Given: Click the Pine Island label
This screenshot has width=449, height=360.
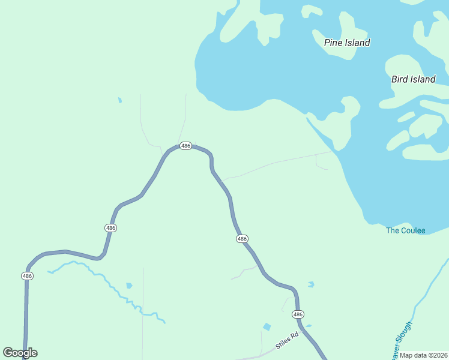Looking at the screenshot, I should pos(347,43).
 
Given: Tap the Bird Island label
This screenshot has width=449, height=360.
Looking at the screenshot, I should pos(413,79).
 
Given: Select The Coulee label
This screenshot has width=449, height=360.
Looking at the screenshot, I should pos(405,230).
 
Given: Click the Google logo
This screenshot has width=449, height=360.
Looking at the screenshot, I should pos(20,353).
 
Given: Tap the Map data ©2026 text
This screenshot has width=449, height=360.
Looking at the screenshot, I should pos(424,355).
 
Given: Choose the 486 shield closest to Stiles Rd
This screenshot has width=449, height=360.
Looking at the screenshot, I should pos(298,314).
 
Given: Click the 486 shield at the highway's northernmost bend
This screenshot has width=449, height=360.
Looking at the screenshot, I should pos(185,146).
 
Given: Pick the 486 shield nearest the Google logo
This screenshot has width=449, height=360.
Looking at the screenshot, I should pos(27,276).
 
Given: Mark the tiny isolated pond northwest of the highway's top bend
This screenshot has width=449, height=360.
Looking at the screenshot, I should pos(120,100).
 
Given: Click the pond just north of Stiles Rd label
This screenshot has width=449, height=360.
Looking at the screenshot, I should pos(267,327).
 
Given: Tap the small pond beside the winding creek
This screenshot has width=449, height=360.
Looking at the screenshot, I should pos(128,286).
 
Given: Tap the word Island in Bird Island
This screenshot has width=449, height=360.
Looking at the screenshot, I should pos(423,79).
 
